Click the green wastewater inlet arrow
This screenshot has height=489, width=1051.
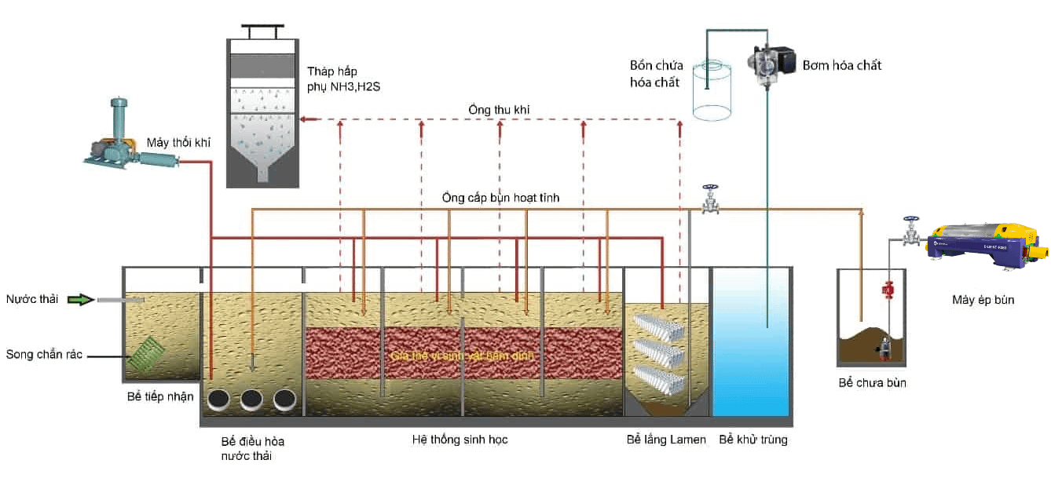click(79, 299)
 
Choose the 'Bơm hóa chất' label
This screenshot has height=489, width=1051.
click(841, 65)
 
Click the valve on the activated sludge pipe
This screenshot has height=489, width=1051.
click(710, 201)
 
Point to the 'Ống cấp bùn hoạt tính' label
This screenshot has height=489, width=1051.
click(501, 197)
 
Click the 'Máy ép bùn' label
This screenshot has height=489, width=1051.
click(982, 299)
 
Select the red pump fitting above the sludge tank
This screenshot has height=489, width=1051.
click(888, 290)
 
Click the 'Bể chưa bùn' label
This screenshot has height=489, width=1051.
click(872, 383)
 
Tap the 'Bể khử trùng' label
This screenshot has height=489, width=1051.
click(753, 440)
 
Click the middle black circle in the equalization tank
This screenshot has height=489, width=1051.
click(251, 399)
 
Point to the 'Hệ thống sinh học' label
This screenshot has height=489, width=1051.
click(460, 440)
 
